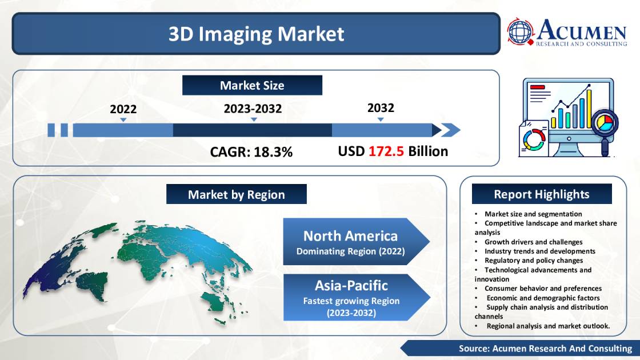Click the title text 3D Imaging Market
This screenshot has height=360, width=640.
click(x=256, y=34)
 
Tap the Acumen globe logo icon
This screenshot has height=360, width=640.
click(x=520, y=33)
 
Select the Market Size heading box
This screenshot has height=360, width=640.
click(x=252, y=86)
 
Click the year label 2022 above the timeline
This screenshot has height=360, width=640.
click(x=123, y=109)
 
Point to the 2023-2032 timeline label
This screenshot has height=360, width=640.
click(x=253, y=109)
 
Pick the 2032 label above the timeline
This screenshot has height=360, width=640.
click(x=381, y=108)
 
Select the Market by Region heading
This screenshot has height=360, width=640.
click(x=236, y=195)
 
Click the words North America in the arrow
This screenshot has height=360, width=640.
click(x=350, y=235)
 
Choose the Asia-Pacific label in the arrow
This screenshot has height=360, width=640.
click(x=351, y=285)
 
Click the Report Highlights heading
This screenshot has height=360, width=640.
click(x=541, y=194)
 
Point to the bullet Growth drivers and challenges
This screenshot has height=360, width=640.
click(x=533, y=242)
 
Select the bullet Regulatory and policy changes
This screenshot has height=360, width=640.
click(x=534, y=260)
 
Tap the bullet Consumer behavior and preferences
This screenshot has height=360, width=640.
click(x=543, y=289)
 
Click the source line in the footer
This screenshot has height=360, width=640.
click(x=545, y=348)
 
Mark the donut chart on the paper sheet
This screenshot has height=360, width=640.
click(x=533, y=139)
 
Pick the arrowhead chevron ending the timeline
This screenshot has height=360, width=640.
click(x=451, y=130)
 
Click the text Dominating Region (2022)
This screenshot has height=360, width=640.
click(x=350, y=251)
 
